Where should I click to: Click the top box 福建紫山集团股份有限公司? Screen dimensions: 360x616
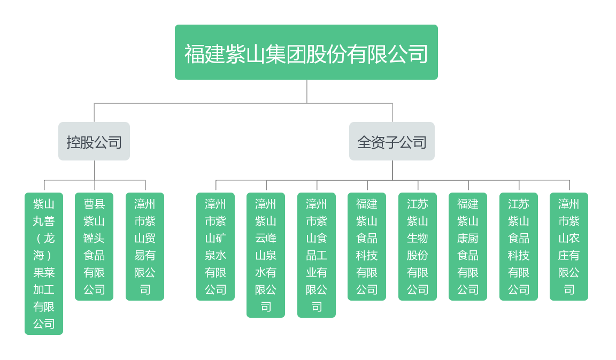[306, 52]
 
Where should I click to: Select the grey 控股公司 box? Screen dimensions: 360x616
[94, 142]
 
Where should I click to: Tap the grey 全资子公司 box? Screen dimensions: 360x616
[392, 142]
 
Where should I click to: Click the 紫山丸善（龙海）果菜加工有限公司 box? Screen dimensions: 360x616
[44, 263]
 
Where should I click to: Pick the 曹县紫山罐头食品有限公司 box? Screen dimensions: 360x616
[94, 246]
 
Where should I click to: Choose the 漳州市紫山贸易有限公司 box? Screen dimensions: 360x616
[145, 246]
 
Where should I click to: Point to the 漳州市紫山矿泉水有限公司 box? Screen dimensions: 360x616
[215, 246]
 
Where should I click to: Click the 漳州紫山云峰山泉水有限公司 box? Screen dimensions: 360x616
[266, 255]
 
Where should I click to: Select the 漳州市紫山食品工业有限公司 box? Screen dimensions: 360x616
[317, 255]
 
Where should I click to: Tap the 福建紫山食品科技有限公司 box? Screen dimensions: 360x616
[367, 246]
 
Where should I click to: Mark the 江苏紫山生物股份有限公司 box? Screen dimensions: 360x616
[418, 246]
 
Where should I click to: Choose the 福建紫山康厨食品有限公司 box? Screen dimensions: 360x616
[468, 246]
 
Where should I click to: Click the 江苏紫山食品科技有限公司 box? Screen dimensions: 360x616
[519, 246]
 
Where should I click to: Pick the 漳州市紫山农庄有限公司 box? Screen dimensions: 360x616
[569, 246]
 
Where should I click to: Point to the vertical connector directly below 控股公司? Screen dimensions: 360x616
[95, 170]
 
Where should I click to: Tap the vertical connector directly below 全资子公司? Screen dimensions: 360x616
[392, 170]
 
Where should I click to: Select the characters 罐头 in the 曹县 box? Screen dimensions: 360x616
[94, 238]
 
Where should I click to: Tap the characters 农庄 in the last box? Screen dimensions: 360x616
[569, 247]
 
